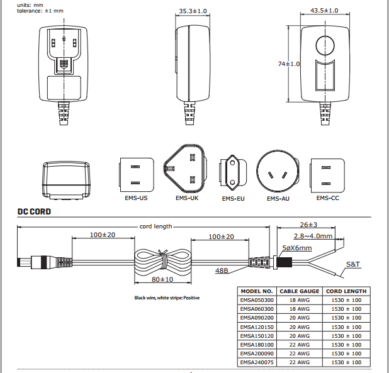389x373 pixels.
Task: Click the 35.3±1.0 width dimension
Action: [x=193, y=11]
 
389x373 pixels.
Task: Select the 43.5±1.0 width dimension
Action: [x=324, y=11]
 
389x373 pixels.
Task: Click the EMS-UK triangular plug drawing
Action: [x=184, y=169]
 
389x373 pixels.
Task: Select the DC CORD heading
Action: [x=34, y=212]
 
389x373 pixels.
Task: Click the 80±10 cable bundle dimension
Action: [x=162, y=279]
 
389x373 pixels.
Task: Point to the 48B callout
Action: [x=222, y=271]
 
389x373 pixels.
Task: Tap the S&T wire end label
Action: [x=352, y=265]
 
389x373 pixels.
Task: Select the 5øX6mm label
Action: [x=297, y=248]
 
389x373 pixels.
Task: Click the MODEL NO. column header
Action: [x=257, y=291]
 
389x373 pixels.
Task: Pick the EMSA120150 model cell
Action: [x=257, y=326]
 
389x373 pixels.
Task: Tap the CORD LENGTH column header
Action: [x=346, y=291]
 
